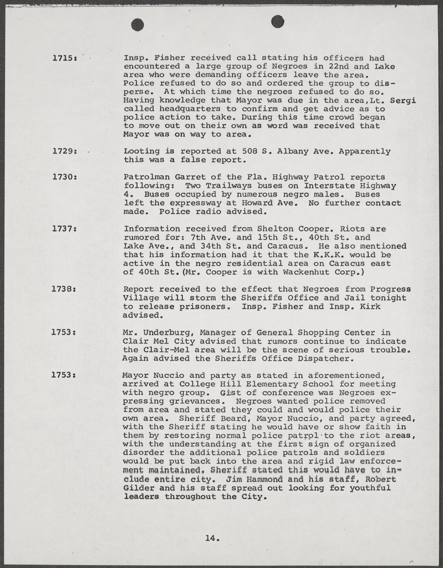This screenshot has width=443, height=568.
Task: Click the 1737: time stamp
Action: (64, 229)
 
